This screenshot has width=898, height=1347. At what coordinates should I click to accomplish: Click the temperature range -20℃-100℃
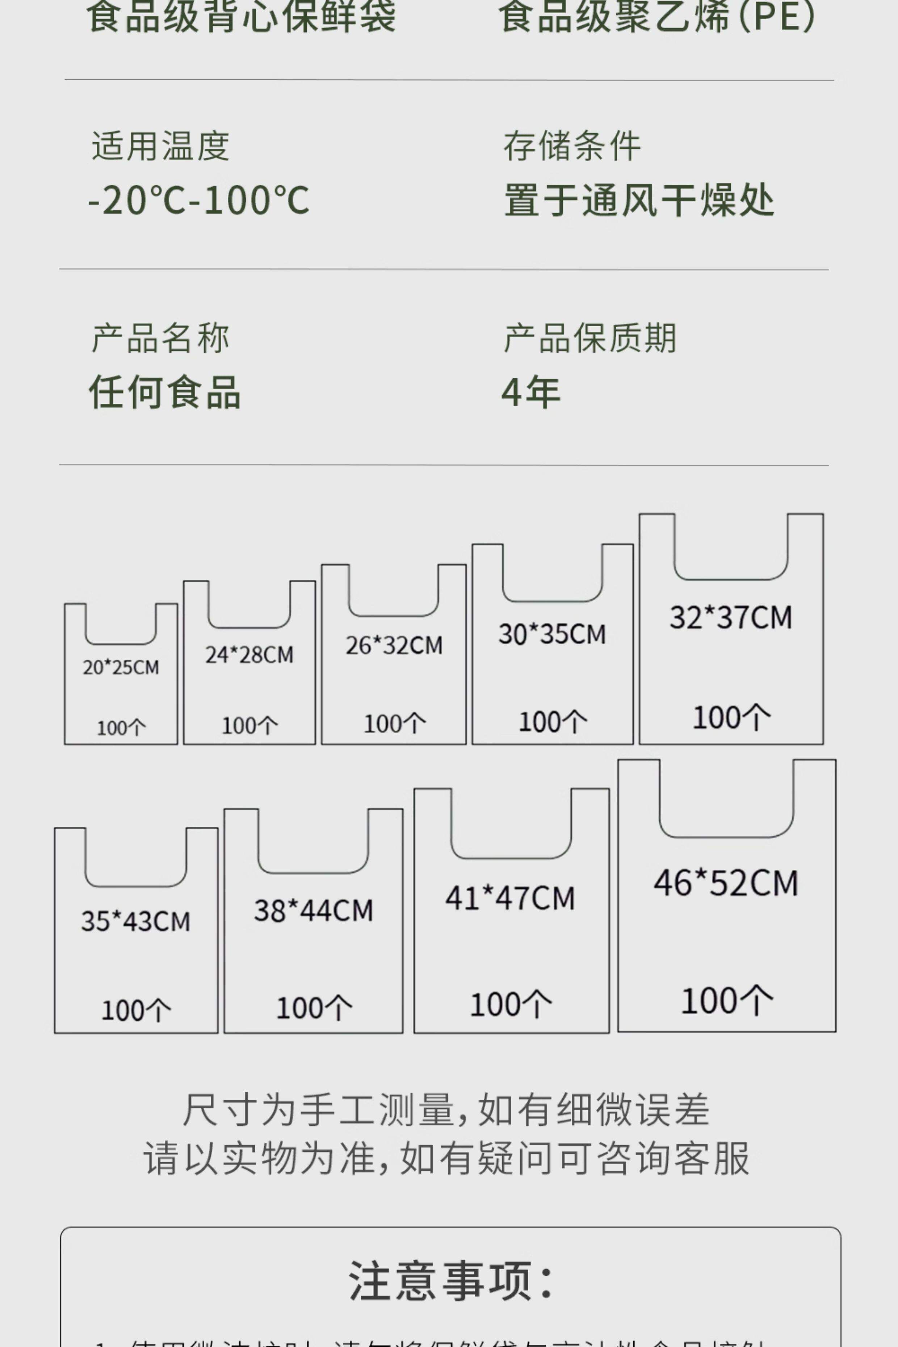pyautogui.click(x=199, y=201)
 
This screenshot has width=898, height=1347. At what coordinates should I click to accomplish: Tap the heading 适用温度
pyautogui.click(x=160, y=147)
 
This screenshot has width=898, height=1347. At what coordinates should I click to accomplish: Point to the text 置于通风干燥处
pyautogui.click(x=639, y=201)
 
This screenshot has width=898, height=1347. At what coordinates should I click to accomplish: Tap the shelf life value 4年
pyautogui.click(x=530, y=393)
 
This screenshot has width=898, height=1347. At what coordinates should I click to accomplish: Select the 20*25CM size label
pyautogui.click(x=121, y=667)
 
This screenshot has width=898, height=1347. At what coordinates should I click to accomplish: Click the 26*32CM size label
pyautogui.click(x=394, y=645)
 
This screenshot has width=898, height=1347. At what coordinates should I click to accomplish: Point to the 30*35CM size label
pyautogui.click(x=552, y=634)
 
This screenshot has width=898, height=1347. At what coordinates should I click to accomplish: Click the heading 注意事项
pyautogui.click(x=451, y=1280)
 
